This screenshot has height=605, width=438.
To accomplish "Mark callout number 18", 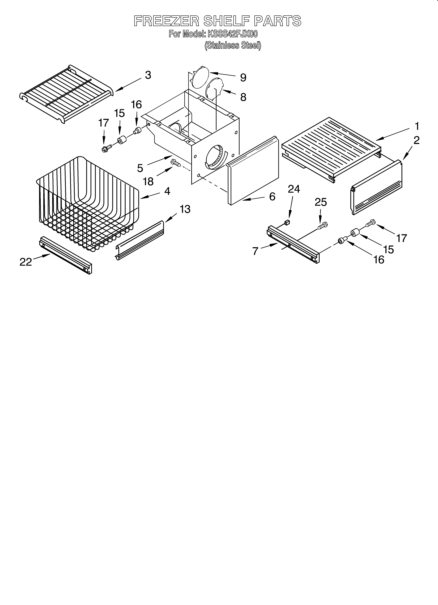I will pos(148,182).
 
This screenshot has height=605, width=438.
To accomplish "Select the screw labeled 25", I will pos(322,225).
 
